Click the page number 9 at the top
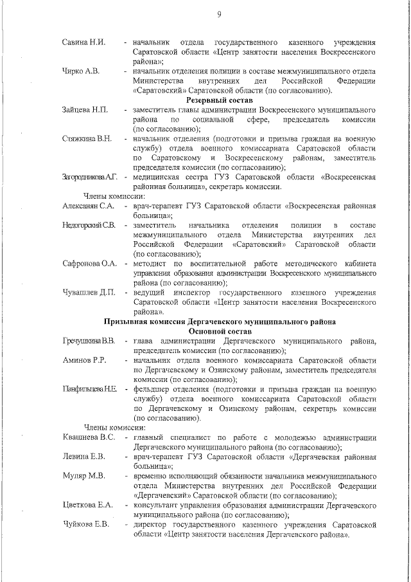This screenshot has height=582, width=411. (220, 15)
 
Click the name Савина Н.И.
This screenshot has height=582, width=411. (83, 42)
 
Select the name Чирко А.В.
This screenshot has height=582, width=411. (81, 71)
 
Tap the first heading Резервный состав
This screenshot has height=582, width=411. (220, 100)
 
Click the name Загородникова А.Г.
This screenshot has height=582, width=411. (90, 177)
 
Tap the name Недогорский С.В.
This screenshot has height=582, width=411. (89, 226)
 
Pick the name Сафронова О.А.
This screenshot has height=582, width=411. (90, 264)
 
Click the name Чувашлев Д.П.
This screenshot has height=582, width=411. (89, 293)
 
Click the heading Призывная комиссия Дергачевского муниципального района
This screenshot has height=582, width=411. (220, 322)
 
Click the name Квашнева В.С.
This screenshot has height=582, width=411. (89, 438)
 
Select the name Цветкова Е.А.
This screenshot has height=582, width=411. (88, 505)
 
